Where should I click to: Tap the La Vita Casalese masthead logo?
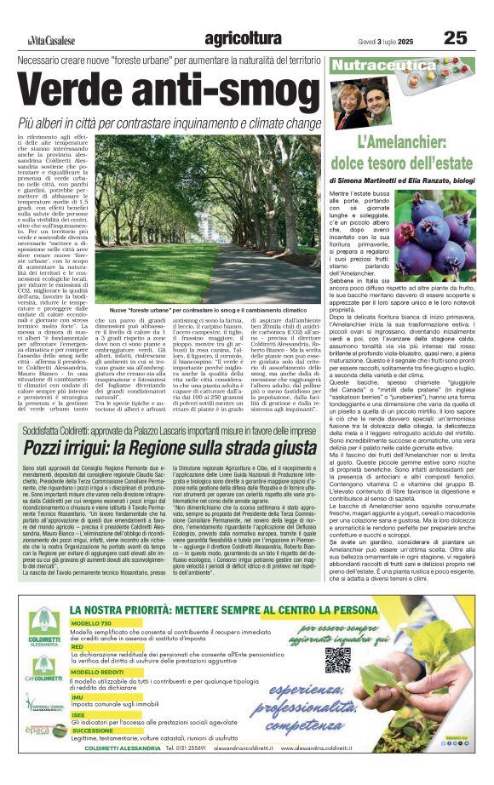[49, 40]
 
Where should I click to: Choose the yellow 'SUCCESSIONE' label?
[92, 731]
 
